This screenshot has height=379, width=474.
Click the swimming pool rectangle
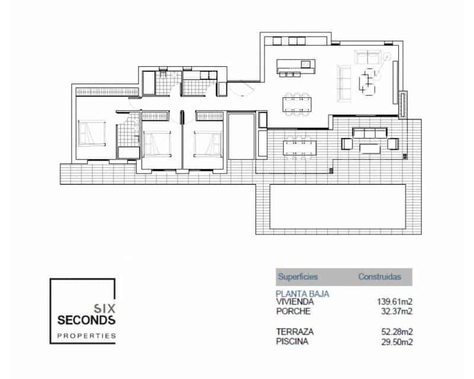[x=337, y=205]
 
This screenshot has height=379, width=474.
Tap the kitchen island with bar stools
[x=293, y=65]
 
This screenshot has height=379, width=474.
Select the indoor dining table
[x=297, y=102]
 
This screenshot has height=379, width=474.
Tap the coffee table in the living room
[x=369, y=81]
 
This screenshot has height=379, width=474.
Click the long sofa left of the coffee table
[x=343, y=82]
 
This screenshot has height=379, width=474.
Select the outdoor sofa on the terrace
[x=370, y=133]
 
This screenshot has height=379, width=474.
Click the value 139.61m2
[x=395, y=302]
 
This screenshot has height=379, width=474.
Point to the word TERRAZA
[x=294, y=332]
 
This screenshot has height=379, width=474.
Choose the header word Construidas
[x=380, y=277]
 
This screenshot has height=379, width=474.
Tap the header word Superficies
[x=297, y=277]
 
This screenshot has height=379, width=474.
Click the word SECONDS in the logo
[x=87, y=320]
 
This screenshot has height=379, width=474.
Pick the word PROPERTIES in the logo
[x=87, y=336]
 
